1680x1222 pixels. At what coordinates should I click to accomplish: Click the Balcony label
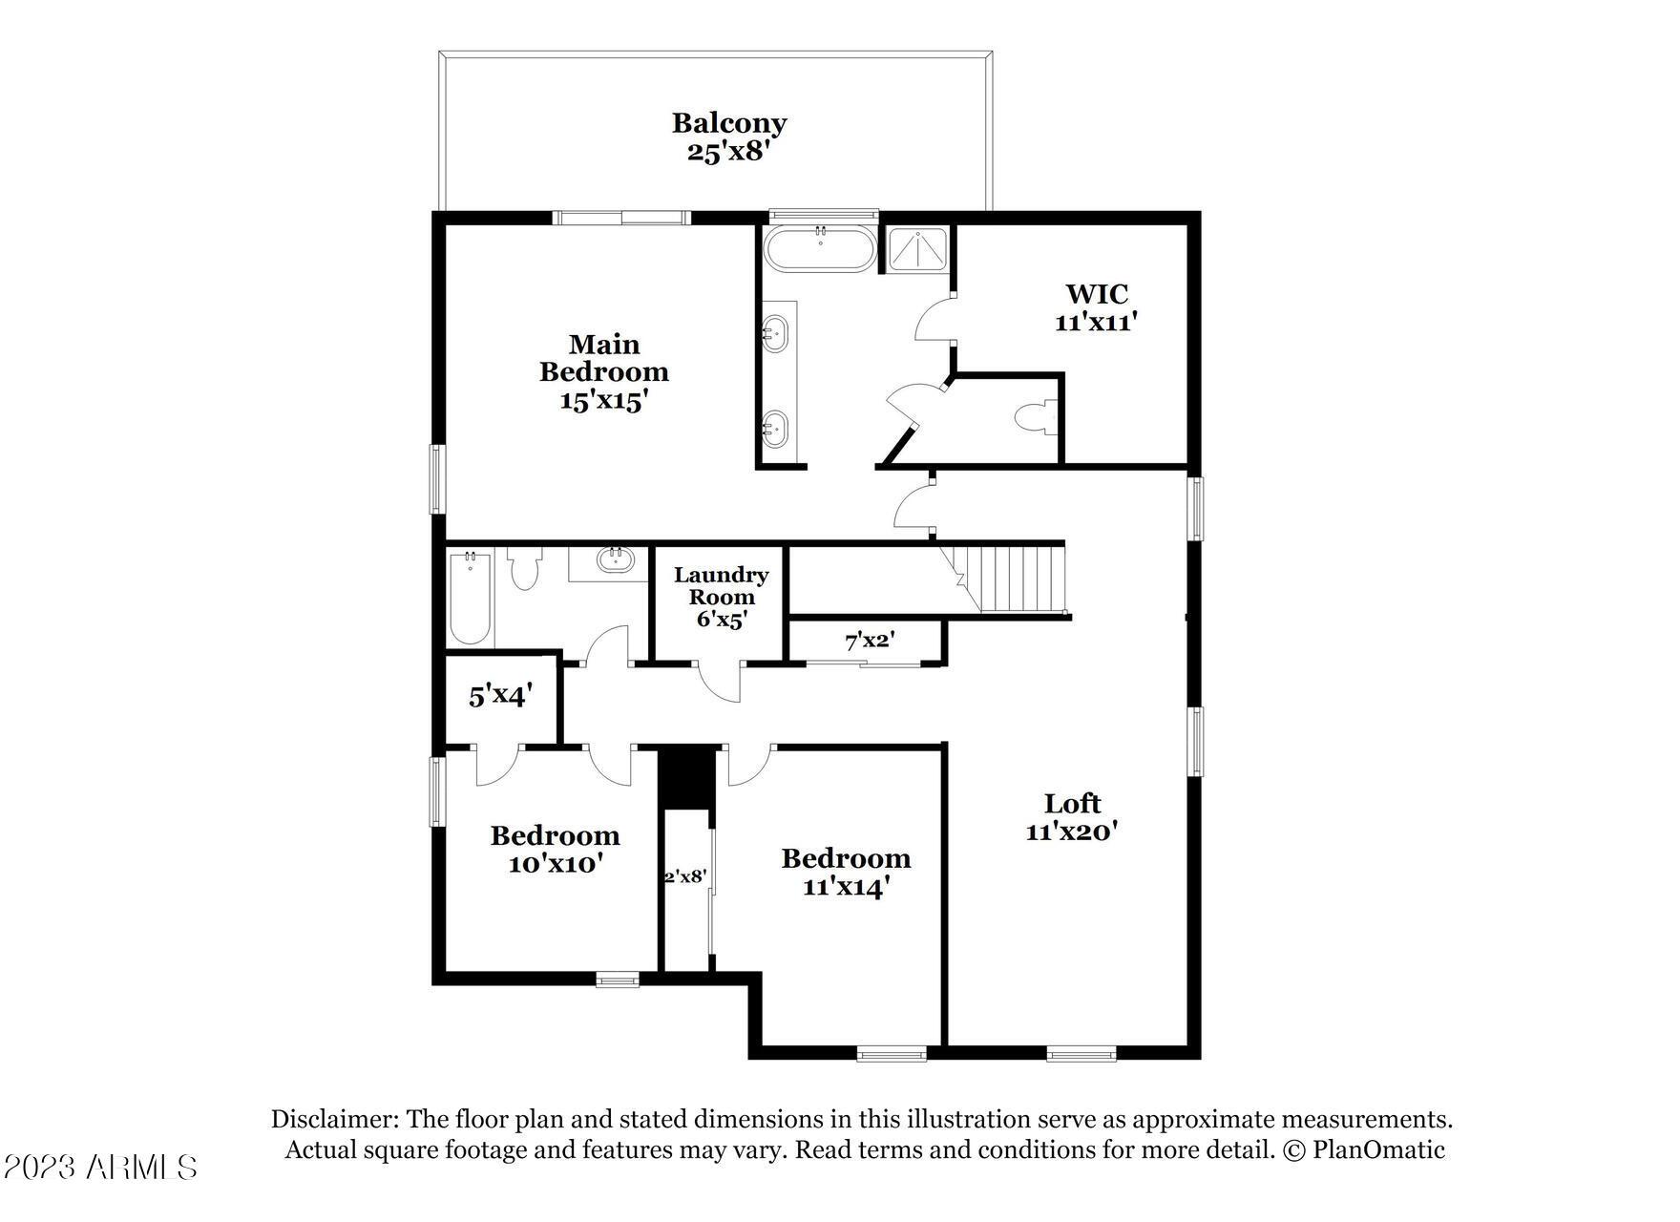click(x=729, y=123)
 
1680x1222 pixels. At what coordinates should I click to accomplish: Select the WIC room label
click(x=1097, y=293)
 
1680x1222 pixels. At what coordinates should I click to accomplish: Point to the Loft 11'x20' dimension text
click(x=1072, y=832)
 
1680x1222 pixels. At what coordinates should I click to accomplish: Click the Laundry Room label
click(x=722, y=586)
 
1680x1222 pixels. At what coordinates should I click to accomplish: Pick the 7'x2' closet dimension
click(x=869, y=640)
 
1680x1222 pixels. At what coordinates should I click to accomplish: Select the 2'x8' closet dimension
click(x=685, y=875)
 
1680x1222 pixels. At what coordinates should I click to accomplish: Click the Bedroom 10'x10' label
click(x=556, y=850)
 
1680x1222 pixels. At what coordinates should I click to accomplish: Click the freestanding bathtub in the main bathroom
click(x=819, y=249)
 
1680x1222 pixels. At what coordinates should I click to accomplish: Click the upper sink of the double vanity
click(x=775, y=331)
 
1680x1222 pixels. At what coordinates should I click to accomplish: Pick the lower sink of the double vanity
click(x=775, y=429)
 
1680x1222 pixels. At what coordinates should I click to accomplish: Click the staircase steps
click(x=1012, y=578)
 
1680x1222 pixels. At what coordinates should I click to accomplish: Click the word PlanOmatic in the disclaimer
click(x=1378, y=1149)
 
